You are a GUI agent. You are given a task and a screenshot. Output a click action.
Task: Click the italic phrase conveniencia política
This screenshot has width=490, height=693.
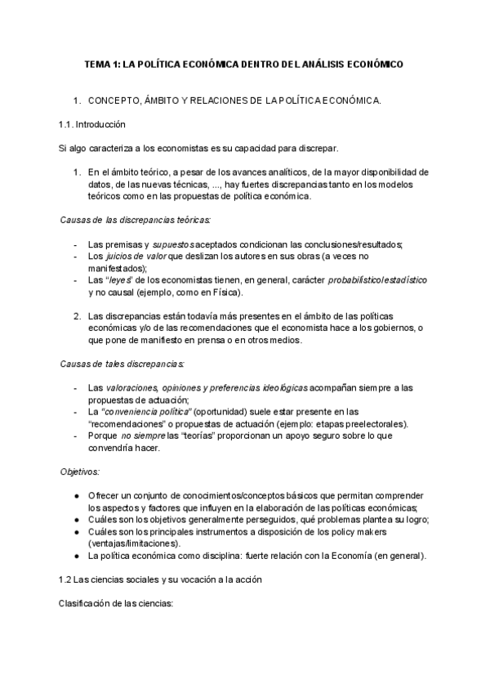click(x=156, y=412)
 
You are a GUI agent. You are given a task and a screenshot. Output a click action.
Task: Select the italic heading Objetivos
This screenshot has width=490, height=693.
click(x=79, y=472)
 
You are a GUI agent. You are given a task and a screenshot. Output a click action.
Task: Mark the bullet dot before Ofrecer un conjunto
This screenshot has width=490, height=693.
click(x=76, y=496)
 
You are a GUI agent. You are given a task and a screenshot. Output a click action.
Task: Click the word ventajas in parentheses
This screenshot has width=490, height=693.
click(x=109, y=543)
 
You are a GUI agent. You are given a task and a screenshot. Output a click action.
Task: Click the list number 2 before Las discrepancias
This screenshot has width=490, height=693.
click(x=76, y=316)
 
